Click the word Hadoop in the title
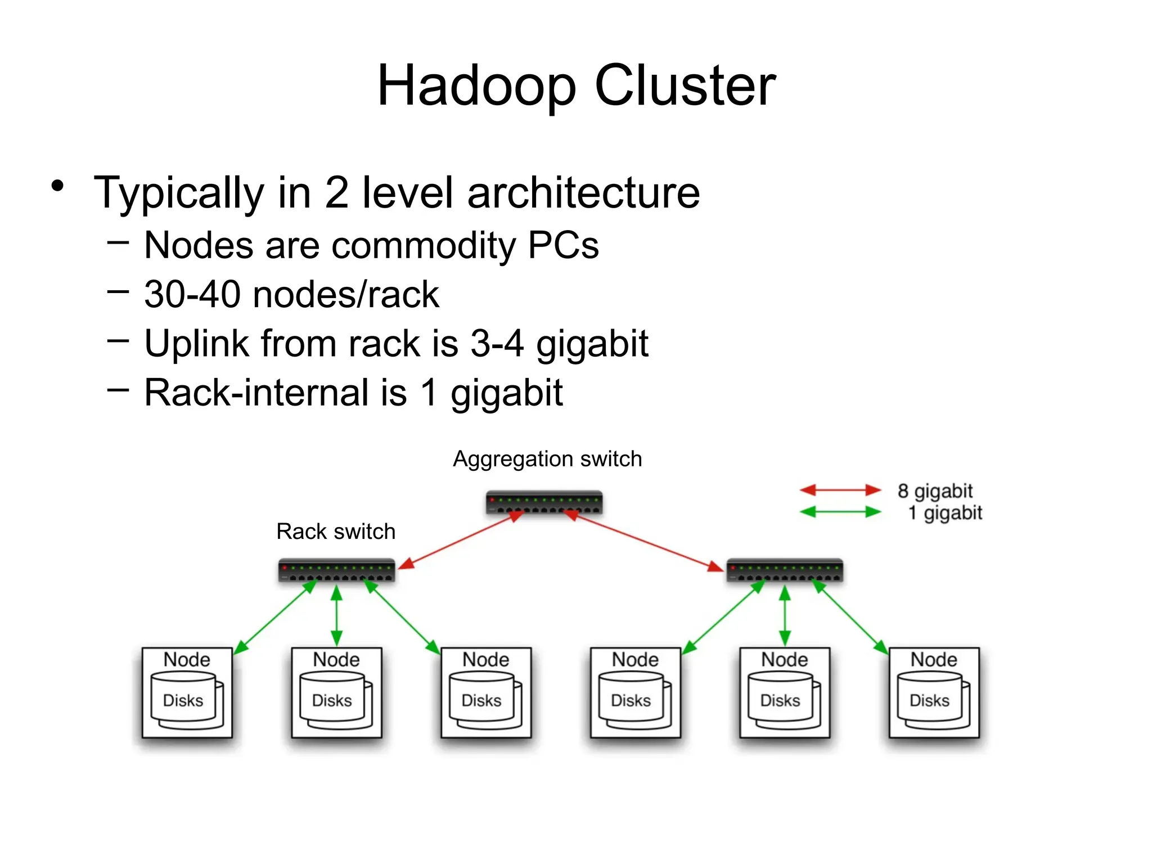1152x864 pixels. tap(476, 85)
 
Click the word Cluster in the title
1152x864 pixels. tap(685, 85)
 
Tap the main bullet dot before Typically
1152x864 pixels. tap(57, 186)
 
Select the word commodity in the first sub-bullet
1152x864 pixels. tap(424, 245)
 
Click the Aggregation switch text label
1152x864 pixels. tap(547, 459)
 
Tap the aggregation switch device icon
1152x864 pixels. tap(544, 502)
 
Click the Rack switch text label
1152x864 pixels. tap(336, 532)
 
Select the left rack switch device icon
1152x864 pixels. tap(336, 570)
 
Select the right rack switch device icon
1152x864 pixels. tap(784, 570)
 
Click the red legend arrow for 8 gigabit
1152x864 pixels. tap(840, 490)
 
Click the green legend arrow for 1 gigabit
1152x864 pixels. tap(840, 512)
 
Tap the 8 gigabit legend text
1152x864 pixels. tap(935, 490)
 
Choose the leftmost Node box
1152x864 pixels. tap(187, 692)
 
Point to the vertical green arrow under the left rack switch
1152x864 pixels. tap(336, 616)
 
